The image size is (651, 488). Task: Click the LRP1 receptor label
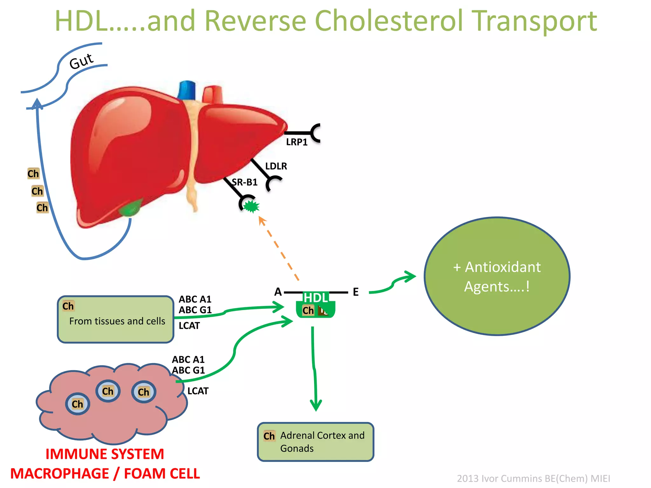pos(297,142)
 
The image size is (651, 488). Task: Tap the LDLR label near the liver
pos(276,166)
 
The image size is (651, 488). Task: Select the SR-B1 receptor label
pos(244,182)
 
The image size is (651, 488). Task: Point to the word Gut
pos(81,61)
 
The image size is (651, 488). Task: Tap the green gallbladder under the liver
pos(130,208)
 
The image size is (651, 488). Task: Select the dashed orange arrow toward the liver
pos(279,248)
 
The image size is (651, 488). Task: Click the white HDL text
pos(316,298)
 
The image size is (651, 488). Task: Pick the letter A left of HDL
pos(278,292)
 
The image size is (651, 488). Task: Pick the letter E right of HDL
pos(356,292)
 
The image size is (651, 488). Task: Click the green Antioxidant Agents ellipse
pos(497,276)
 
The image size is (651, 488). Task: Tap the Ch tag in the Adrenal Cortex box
pos(269,436)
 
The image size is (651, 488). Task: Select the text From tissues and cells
pos(117,321)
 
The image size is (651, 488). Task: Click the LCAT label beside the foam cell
pos(198,391)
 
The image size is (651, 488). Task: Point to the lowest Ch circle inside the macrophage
pos(78,404)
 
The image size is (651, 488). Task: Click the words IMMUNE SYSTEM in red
pos(105,454)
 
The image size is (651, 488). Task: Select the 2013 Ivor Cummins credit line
pos(533,478)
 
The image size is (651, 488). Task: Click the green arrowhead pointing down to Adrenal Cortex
pos(316,405)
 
